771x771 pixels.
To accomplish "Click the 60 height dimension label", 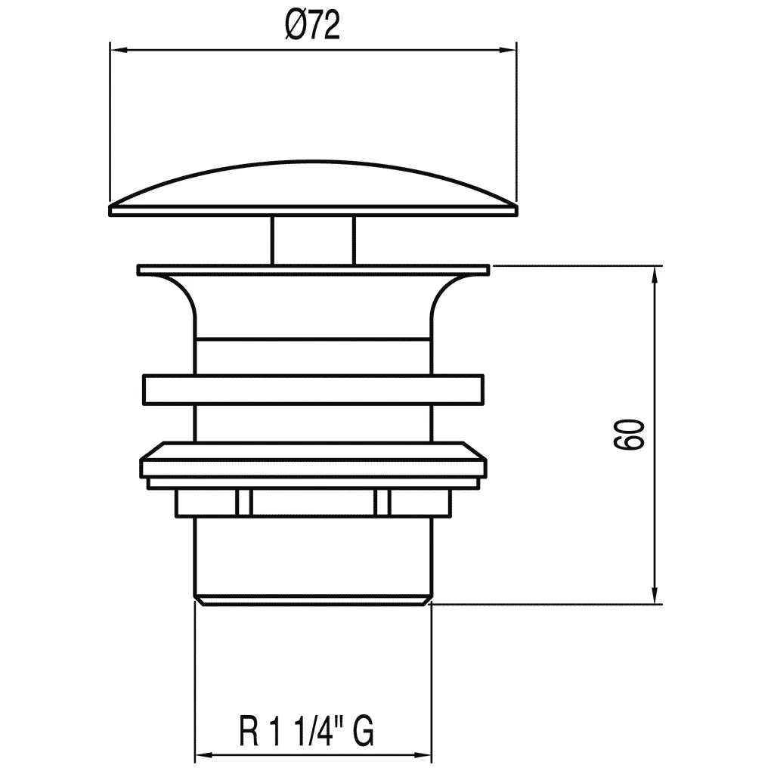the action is click(x=629, y=434).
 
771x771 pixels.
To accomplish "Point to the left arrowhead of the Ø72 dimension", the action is click(x=119, y=50).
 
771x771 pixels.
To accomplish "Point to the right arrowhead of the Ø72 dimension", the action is click(x=508, y=50).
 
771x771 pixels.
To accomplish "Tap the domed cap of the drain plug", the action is click(x=313, y=187).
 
